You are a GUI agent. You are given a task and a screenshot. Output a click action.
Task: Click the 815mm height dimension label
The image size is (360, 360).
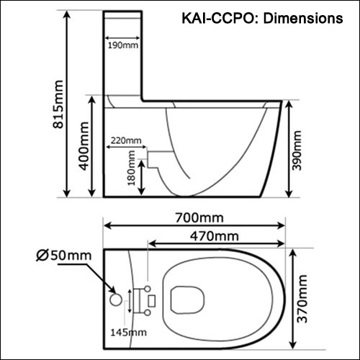[58, 104]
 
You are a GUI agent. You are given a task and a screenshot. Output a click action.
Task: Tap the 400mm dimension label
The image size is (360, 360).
[84, 146]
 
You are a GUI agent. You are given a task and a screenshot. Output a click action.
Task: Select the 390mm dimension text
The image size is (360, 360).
[297, 150]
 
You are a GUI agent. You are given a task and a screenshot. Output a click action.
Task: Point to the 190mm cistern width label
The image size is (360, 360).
[122, 45]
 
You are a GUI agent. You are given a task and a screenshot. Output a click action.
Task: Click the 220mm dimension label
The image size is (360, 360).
[126, 140]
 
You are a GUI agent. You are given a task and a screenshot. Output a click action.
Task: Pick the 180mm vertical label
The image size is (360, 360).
[131, 168]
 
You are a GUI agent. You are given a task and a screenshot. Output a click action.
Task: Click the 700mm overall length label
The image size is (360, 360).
[199, 218]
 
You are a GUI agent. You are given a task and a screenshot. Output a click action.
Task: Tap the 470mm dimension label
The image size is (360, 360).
[215, 236]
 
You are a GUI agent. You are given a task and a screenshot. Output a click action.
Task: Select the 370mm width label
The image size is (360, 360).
[302, 299]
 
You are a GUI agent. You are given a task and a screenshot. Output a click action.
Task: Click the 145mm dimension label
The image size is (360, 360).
[128, 333]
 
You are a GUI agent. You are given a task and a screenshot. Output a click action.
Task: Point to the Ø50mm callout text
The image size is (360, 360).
[64, 256]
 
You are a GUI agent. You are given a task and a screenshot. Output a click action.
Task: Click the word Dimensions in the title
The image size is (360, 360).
[303, 19]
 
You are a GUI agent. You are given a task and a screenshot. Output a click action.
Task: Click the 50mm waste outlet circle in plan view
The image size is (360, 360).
[116, 300]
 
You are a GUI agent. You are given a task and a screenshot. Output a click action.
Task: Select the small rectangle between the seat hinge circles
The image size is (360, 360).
[152, 301]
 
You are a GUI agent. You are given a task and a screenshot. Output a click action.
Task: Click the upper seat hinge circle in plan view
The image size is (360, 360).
[148, 289]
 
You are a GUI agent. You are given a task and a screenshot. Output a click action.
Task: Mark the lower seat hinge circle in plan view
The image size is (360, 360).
[148, 312]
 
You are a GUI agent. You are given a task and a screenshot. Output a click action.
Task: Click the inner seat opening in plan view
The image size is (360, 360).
[187, 300]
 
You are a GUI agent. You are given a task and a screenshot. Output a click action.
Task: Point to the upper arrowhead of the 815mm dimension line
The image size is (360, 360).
[67, 14]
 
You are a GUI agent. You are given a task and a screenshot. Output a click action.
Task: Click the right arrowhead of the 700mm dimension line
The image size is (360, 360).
[281, 225]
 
